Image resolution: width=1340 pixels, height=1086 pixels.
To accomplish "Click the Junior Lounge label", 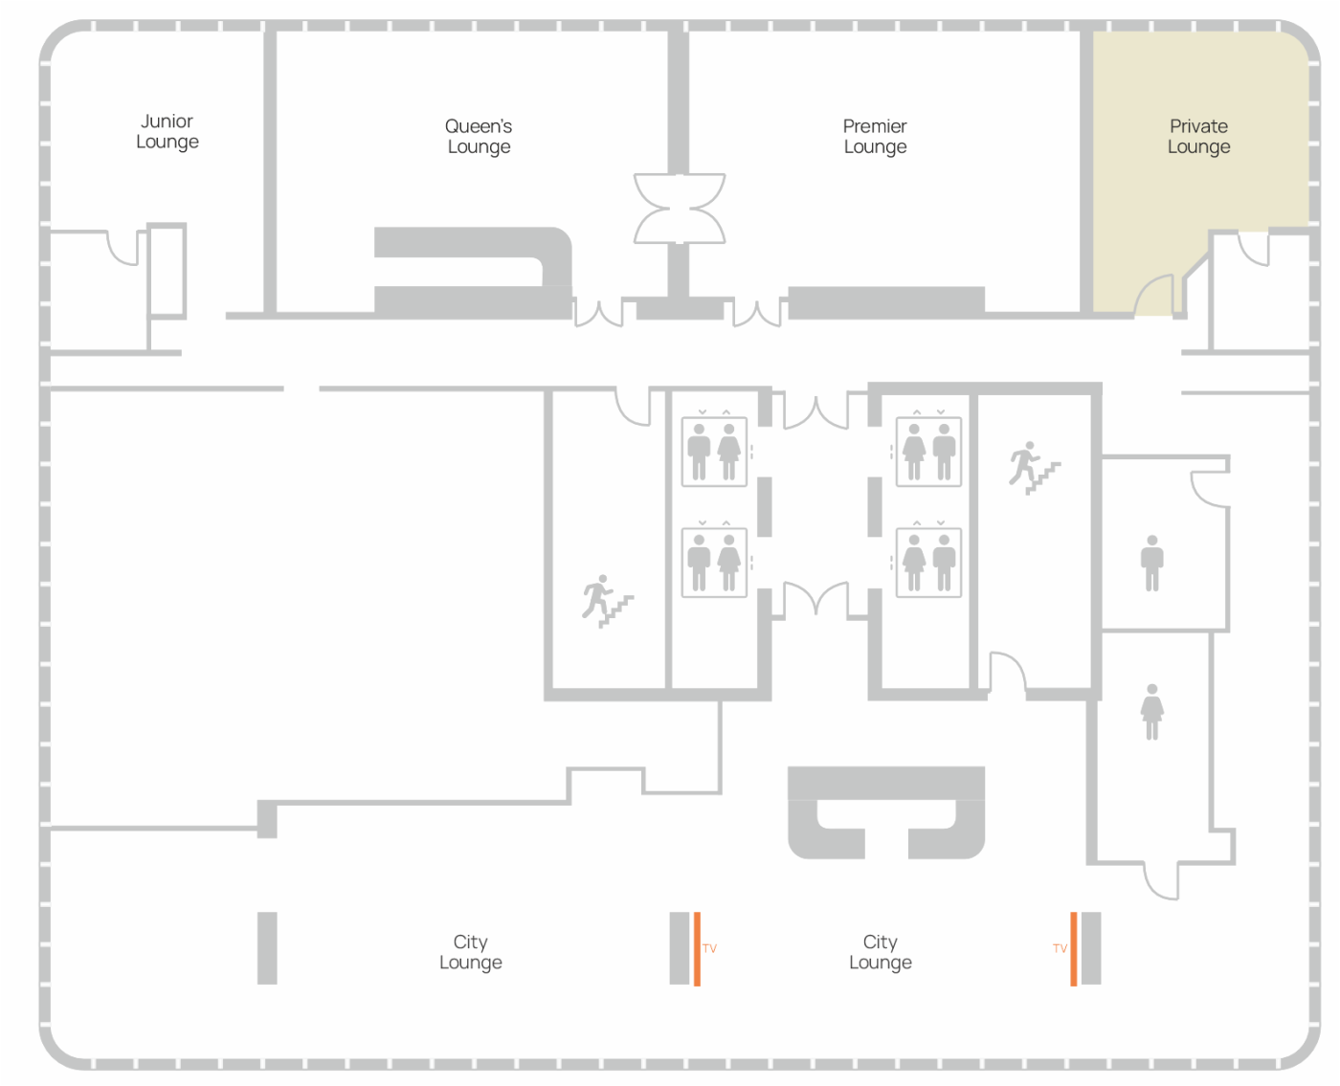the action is pos(167,131).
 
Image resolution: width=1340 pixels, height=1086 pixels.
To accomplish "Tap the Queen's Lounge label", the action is pos(479,136).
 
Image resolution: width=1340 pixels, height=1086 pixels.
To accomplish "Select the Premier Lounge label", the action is pos(875,136).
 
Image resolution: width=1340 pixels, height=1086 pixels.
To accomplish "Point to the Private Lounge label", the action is pos(1198,136).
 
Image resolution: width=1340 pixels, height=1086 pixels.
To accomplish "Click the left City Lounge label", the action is pos(470,951).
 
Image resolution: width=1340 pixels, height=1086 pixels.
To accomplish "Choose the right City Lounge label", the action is pos(880,951).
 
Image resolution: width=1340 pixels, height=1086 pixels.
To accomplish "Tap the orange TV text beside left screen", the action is pos(709,948).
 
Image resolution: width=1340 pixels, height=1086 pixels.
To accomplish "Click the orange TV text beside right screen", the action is pos(1060,948).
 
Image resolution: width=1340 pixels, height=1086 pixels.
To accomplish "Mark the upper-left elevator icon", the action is pos(714,451).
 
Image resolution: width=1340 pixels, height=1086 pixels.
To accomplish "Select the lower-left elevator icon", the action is pos(714,563).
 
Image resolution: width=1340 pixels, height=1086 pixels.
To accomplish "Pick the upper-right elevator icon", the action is pos(928,451).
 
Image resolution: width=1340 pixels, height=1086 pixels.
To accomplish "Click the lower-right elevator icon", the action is pos(928,563).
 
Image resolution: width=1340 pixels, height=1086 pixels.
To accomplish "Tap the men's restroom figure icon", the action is pos(1151,563).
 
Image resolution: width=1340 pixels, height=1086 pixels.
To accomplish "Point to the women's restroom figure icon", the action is pos(1151,712).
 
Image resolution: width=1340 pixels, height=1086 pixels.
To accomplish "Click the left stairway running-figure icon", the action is pos(607,601).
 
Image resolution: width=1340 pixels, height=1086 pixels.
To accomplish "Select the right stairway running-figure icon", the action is pos(1035,468).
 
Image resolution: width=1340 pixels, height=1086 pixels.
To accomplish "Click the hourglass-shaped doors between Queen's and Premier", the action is pos(680,209).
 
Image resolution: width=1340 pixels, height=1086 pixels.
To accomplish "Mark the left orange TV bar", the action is pos(697,949).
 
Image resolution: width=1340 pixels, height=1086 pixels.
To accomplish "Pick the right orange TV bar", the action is pos(1073,949).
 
